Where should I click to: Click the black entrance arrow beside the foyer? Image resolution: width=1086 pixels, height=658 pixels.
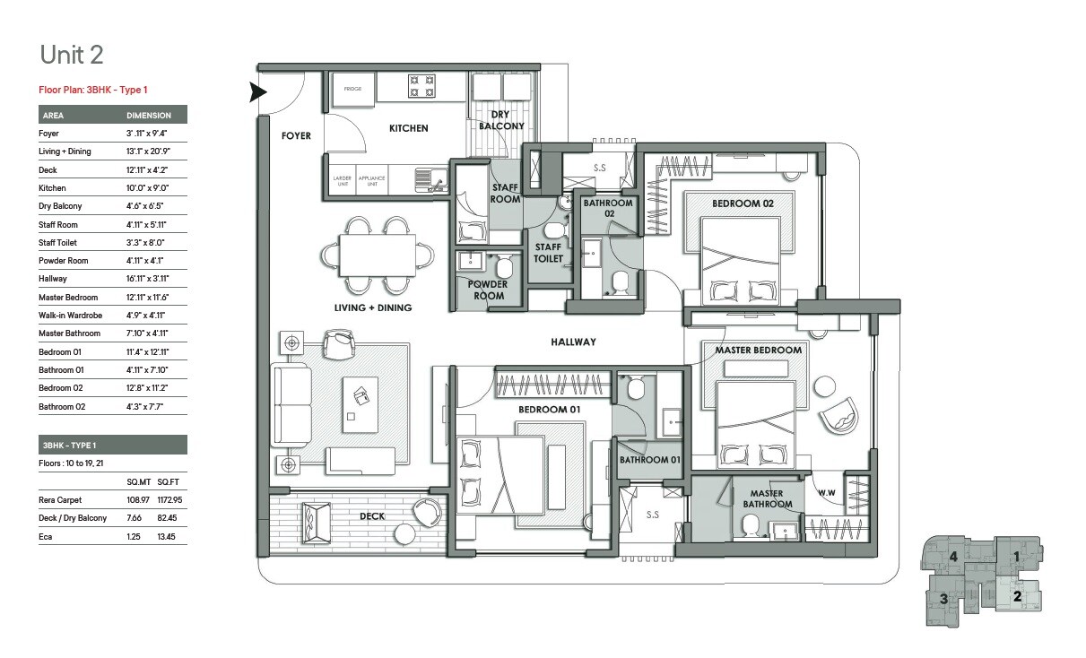tap(258, 91)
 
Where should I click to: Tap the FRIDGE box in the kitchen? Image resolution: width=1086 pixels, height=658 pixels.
tap(352, 89)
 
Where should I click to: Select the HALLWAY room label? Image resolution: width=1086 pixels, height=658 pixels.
tap(574, 342)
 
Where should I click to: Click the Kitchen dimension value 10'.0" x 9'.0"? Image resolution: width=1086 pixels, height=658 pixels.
tap(147, 188)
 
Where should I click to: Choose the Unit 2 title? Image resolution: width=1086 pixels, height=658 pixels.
tap(72, 55)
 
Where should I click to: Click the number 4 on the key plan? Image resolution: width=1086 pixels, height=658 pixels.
tap(954, 557)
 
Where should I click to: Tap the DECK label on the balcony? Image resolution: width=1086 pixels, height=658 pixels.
tap(372, 516)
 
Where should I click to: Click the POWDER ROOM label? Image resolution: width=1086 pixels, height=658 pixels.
tap(488, 290)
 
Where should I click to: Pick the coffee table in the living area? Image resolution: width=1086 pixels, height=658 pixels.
tap(360, 400)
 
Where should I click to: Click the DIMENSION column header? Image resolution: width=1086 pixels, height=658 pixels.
tap(149, 116)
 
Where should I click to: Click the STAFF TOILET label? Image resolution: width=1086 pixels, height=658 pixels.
tap(548, 253)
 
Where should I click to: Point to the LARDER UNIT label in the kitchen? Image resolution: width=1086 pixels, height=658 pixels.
tap(342, 179)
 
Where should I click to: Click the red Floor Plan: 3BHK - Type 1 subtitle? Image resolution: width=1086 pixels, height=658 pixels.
tap(93, 90)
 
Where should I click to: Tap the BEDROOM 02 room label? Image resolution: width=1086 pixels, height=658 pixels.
tap(743, 203)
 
